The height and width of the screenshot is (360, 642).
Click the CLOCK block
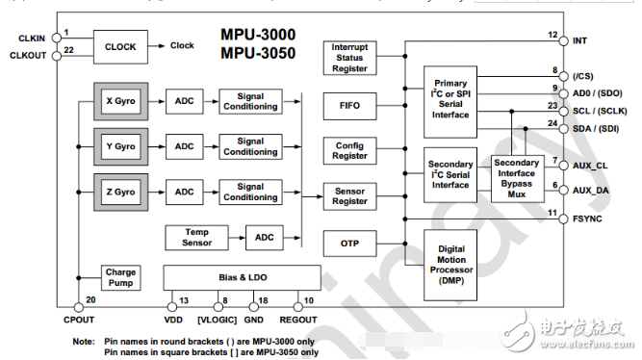point(120,46)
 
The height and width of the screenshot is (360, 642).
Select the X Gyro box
point(121,101)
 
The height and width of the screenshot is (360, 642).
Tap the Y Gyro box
point(121,146)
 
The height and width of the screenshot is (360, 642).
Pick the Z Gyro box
point(121,192)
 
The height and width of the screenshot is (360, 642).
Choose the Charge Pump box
point(121,278)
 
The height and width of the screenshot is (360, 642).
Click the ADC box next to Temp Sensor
point(265,237)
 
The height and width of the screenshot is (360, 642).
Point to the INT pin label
point(578,41)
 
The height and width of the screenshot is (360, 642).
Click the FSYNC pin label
point(586,219)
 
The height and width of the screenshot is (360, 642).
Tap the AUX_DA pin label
point(589,192)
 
